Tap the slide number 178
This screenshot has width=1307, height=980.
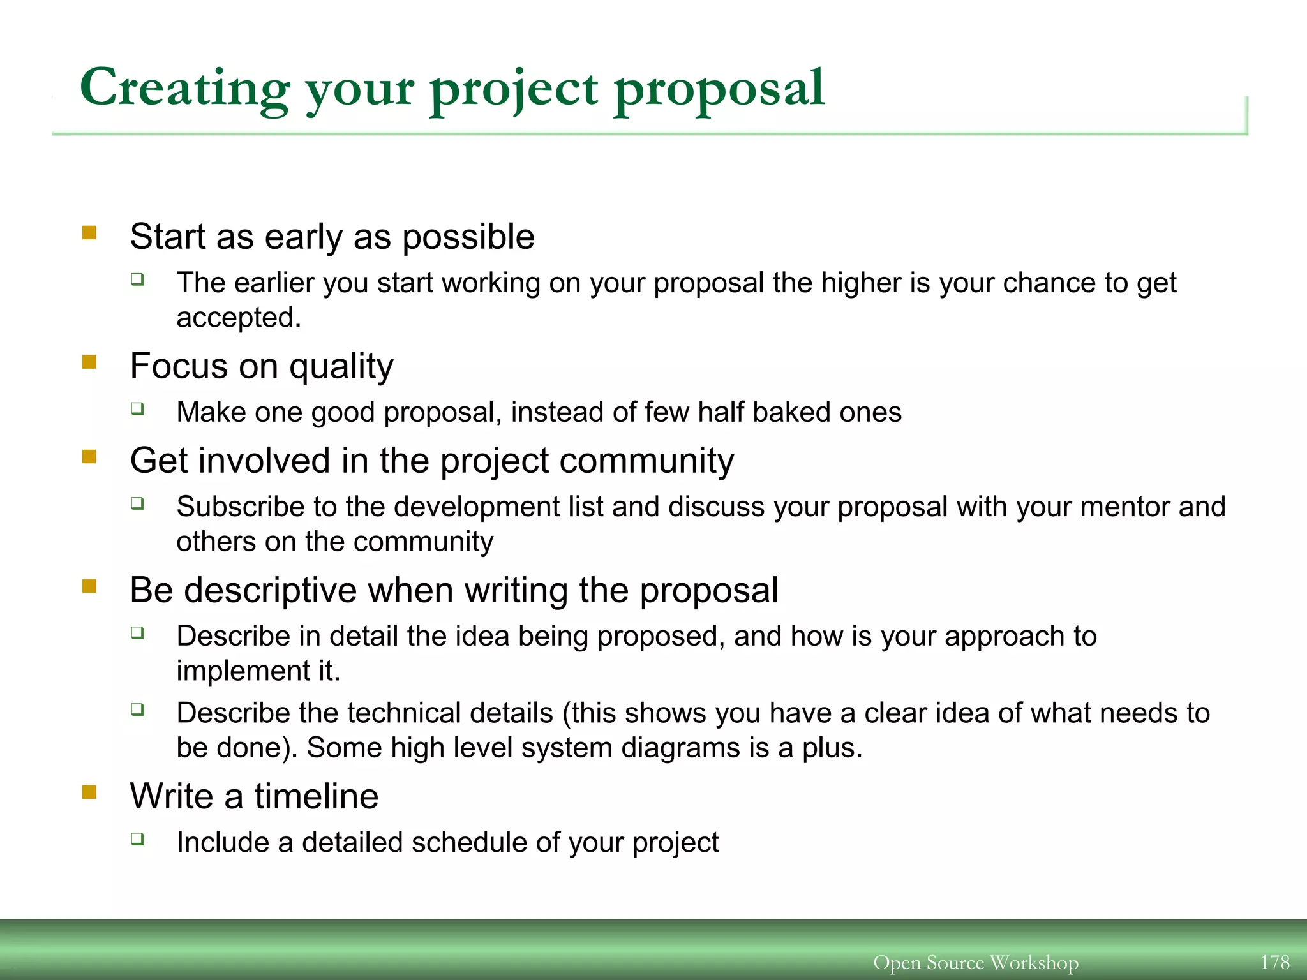pyautogui.click(x=1275, y=962)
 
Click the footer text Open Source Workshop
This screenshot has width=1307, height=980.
pyautogui.click(x=976, y=962)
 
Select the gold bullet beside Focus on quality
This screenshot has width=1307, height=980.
pyautogui.click(x=89, y=362)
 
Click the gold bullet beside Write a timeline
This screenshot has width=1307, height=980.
pyautogui.click(x=89, y=792)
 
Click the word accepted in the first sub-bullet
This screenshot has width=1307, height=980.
pyautogui.click(x=238, y=318)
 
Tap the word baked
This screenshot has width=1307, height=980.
pyautogui.click(x=791, y=412)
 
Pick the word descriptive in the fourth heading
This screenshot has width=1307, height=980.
pyautogui.click(x=270, y=590)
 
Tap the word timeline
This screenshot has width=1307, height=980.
pyautogui.click(x=317, y=797)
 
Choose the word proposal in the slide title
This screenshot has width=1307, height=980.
pyautogui.click(x=719, y=89)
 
